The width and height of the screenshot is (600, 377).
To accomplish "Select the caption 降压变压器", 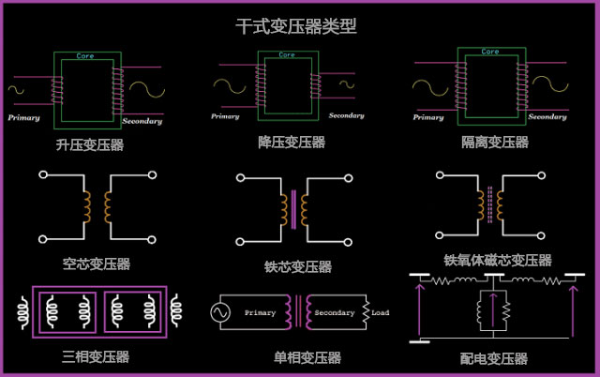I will pos(292,143).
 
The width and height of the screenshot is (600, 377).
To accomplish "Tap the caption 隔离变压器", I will pos(495,143).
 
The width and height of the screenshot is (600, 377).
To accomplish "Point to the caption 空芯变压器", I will pos(97,264).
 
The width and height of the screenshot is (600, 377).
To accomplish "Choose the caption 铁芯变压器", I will pos(298,266).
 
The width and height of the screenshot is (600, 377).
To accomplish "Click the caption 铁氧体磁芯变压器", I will pos(498,260).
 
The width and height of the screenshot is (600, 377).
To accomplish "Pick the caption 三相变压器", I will pos(96,356).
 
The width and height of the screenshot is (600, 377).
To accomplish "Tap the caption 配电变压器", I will pos(495,358).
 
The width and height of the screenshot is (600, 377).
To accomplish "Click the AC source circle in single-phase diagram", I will pos(225,312).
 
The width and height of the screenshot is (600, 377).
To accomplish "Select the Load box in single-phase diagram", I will pos(380,312).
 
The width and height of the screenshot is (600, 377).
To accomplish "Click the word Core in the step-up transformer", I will pos(84,56).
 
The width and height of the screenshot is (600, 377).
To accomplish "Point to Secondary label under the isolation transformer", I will pos(547,117).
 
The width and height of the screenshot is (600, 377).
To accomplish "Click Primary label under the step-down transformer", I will pos(225,116).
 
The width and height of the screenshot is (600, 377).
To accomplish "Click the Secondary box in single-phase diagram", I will pos(335,312).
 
